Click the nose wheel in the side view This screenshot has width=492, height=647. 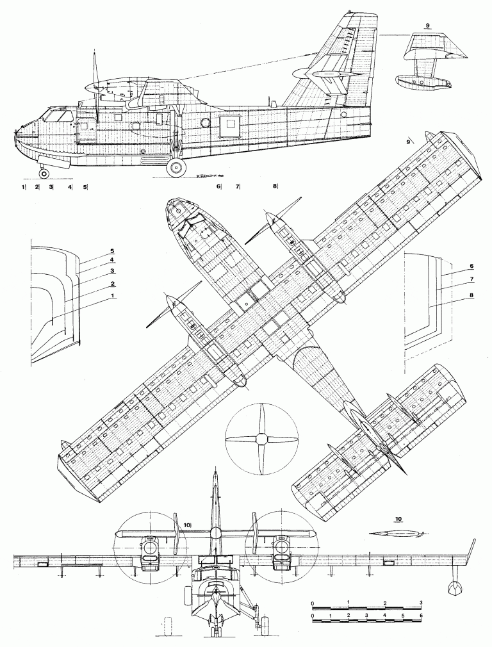pos(44,174)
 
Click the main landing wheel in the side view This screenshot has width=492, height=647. pos(176,168)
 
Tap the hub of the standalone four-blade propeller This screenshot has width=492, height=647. pos(261,439)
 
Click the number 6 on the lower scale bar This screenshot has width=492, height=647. pos(421,616)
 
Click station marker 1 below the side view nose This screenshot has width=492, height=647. pos(22,187)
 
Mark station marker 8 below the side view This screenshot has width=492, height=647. pos(274,186)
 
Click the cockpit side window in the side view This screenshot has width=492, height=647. pos(58,117)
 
